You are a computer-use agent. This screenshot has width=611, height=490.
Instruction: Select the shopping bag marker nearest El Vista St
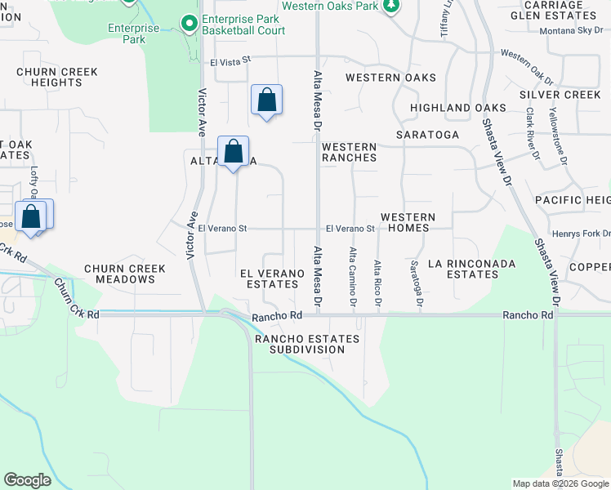click(266, 101)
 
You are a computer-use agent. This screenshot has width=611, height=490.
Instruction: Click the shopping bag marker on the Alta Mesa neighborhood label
click(234, 152)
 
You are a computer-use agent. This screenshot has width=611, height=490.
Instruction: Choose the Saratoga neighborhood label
click(427, 134)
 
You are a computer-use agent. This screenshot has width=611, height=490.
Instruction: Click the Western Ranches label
click(349, 152)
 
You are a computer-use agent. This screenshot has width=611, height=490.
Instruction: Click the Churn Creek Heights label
click(57, 78)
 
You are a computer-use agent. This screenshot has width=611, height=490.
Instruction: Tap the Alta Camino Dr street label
click(354, 278)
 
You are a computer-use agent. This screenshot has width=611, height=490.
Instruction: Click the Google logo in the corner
click(27, 479)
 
